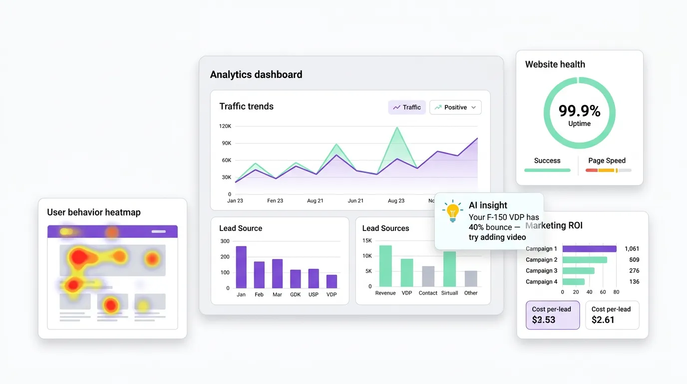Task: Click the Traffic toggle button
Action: tap(406, 107)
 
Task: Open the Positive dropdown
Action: tap(455, 107)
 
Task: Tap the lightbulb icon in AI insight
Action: tap(452, 211)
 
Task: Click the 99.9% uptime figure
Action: tap(579, 111)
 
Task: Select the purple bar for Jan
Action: tap(241, 267)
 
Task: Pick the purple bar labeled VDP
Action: tap(332, 281)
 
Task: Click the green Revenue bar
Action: tap(385, 266)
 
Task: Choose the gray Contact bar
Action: tap(428, 276)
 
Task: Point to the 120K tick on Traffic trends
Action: tap(225, 126)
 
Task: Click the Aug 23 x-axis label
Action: tap(396, 200)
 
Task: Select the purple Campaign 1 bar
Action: tap(589, 248)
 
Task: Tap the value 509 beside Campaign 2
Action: tap(634, 259)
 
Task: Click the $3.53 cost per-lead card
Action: tap(552, 315)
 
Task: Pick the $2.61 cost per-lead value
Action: tap(603, 319)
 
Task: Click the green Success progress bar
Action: tap(547, 170)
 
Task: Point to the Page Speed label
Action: tap(607, 160)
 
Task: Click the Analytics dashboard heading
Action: tap(256, 75)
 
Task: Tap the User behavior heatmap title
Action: tap(94, 212)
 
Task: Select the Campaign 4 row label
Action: tap(541, 281)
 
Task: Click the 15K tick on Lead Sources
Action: tap(367, 240)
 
